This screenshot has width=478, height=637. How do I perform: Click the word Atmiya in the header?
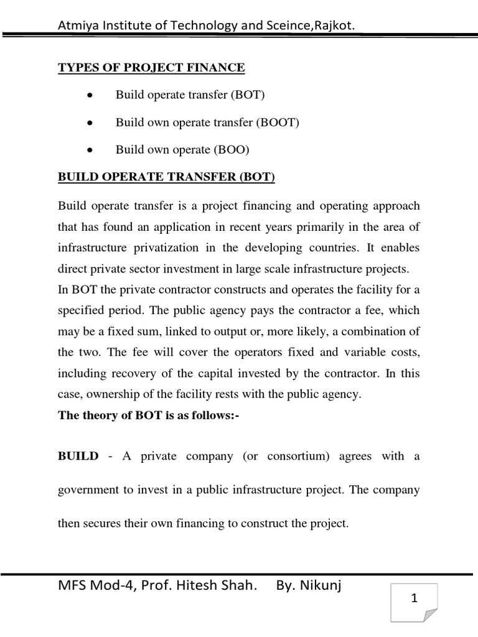(76, 24)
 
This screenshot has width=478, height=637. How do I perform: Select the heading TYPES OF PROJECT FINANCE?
(152, 67)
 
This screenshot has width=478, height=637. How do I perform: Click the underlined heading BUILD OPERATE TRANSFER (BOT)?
(166, 178)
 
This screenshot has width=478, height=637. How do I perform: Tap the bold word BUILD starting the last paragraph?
(78, 456)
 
